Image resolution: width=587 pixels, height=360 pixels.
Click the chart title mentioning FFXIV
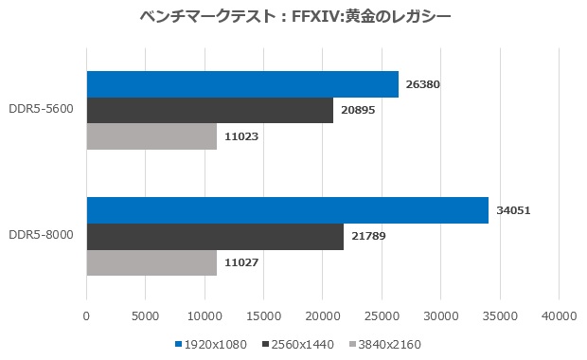293,16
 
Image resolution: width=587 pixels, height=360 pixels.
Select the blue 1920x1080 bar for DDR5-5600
242,84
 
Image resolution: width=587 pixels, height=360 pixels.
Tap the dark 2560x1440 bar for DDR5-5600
209,110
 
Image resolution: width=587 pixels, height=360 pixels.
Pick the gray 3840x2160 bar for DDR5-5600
151,136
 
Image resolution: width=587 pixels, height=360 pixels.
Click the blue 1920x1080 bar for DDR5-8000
287,210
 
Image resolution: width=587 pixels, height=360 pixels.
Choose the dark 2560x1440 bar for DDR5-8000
215,236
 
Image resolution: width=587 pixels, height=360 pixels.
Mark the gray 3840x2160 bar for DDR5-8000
151,262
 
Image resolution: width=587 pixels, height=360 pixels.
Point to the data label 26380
423,84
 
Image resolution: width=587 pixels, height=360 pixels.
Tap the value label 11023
242,136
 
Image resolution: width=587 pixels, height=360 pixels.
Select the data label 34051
513,210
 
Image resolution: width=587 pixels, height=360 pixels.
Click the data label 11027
242,262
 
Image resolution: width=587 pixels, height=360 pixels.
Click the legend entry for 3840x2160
387,344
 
